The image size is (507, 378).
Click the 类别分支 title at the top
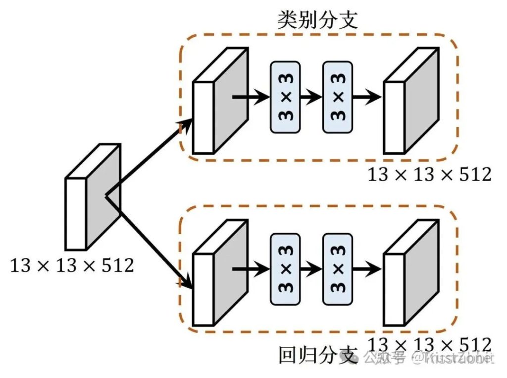[317, 19]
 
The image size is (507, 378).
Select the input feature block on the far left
[92, 198]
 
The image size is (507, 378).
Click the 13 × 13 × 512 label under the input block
[72, 266]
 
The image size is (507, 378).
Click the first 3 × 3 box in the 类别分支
[285, 97]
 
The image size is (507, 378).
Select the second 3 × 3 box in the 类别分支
[338, 97]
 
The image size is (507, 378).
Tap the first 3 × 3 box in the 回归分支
[285, 270]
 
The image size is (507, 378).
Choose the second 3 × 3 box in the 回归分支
[338, 270]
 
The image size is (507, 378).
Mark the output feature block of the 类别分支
[411, 101]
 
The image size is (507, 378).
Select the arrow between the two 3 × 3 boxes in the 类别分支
[311, 97]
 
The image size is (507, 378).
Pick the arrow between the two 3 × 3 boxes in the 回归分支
[311, 270]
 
